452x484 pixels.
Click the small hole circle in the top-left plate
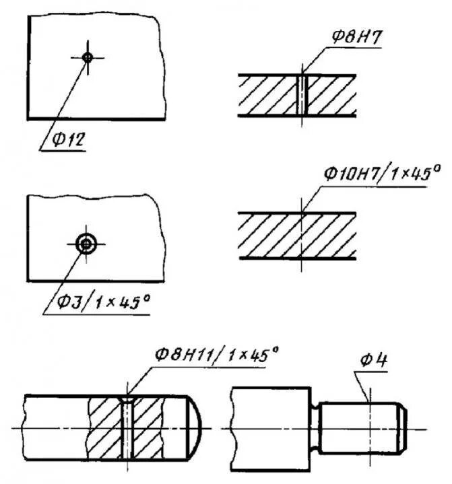point(87,57)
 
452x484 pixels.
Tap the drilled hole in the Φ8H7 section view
point(302,96)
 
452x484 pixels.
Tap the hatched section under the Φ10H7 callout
point(296,235)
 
